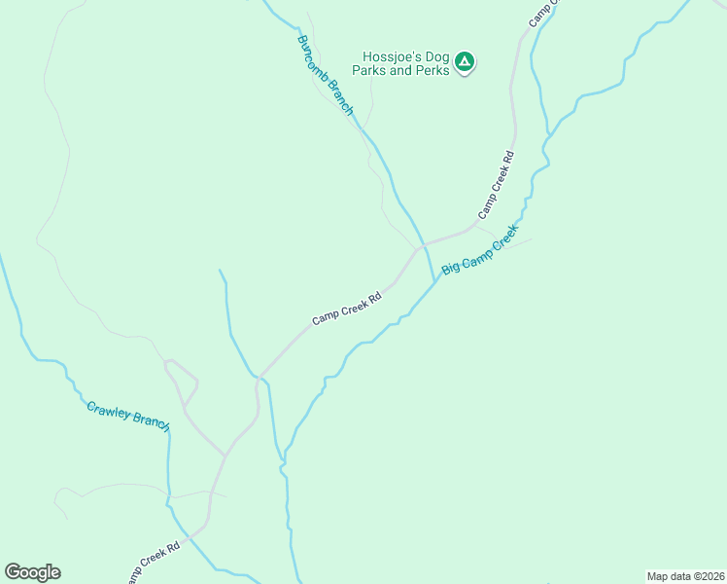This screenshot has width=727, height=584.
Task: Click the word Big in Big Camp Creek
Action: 450,266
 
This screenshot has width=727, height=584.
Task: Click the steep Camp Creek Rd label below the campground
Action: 495,185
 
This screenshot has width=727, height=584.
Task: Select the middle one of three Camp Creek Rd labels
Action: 346,308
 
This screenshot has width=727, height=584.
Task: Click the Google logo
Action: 32,572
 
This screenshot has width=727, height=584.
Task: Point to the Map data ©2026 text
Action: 685,575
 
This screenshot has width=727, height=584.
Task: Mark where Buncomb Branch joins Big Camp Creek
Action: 433,282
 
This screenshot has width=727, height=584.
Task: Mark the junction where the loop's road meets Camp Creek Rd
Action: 225,455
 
